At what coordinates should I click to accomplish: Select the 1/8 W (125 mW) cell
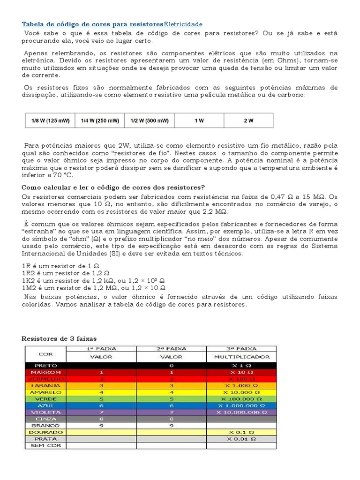[50, 120]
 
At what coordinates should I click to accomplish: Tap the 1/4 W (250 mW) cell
[100, 120]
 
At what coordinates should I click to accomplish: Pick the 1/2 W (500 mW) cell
[150, 120]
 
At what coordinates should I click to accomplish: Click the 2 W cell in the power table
[248, 120]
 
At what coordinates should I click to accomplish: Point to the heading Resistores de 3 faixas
[60, 338]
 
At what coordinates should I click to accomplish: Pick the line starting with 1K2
[94, 281]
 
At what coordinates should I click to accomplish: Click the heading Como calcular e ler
[114, 187]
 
